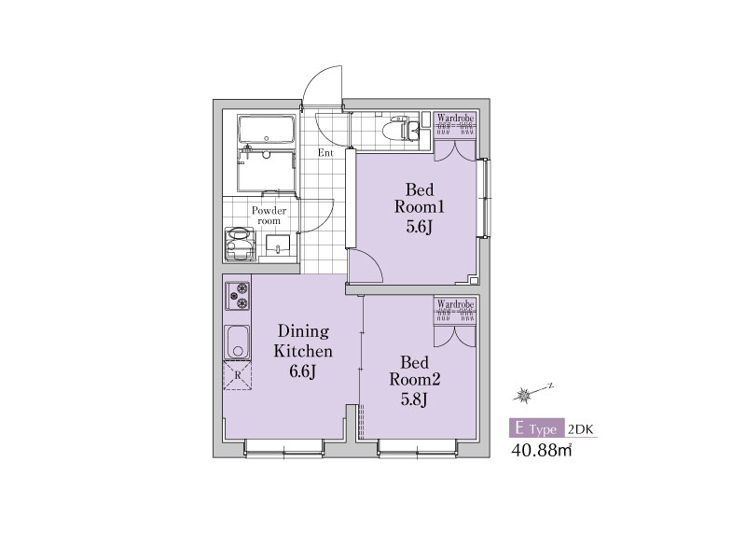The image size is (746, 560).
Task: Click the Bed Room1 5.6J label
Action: coord(419,207)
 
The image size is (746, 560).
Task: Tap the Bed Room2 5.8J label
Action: coord(414,381)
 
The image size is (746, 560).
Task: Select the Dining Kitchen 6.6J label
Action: coord(303,351)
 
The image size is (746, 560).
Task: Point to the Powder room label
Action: coord(269,216)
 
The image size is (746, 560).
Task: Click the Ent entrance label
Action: coord(325,153)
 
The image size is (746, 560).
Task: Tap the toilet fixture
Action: coord(404,127)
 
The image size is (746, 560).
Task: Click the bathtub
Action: coord(267,129)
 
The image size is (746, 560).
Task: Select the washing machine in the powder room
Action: coord(240,244)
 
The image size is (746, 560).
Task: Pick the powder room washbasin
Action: coord(277,245)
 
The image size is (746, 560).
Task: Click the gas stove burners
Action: coord(238,295)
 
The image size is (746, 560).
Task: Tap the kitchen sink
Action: coord(237,342)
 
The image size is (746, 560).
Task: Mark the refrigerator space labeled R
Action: coord(238,375)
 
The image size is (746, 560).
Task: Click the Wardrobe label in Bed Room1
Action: coord(455,118)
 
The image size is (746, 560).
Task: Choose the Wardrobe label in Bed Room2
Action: coord(455,303)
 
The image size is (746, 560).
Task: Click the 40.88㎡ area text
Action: coord(542,450)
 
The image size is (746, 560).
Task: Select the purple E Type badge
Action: coord(537,428)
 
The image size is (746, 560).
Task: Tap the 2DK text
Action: coord(581,429)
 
